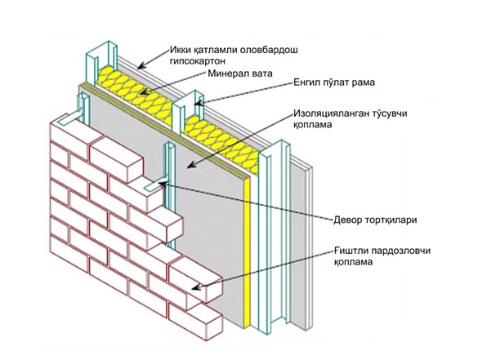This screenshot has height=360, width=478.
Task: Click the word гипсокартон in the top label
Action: click(197, 61)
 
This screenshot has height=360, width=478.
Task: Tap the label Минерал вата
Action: click(240, 73)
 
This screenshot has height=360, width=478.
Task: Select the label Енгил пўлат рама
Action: click(334, 82)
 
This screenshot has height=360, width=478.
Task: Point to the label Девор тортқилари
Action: click(375, 220)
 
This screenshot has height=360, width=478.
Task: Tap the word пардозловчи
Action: click(401, 251)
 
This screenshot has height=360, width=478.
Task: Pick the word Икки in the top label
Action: click(180, 50)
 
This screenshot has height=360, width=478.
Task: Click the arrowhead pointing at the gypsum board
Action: click(142, 66)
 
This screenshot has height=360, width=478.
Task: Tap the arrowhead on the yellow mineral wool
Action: click(145, 91)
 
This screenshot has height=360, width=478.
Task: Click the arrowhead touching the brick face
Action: click(197, 287)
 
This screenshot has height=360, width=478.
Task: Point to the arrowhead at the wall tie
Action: click(162, 184)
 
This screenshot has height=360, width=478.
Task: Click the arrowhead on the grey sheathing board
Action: click(191, 165)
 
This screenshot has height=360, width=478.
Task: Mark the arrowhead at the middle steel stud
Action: click(199, 103)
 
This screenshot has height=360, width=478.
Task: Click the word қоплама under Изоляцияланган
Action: click(313, 125)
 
